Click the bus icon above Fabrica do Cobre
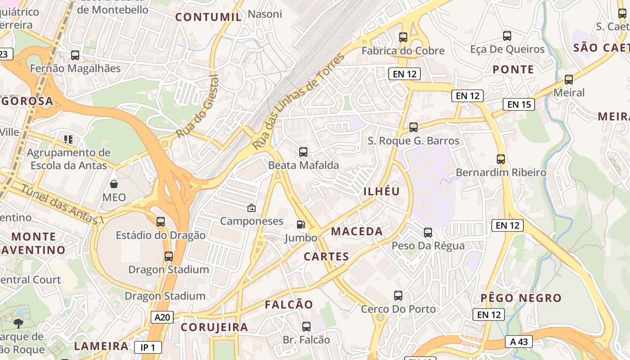click(x=403, y=37)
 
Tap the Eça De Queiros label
click(x=507, y=49)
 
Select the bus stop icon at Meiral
click(x=569, y=80)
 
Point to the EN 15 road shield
click(x=519, y=104)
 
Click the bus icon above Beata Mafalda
click(x=303, y=152)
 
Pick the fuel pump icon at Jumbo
click(x=300, y=224)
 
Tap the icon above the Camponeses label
click(x=252, y=208)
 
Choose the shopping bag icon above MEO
click(x=114, y=184)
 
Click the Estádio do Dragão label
click(x=161, y=235)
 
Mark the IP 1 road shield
click(x=148, y=347)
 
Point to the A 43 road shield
click(x=518, y=342)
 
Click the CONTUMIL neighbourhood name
click(x=208, y=17)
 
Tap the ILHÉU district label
click(x=382, y=191)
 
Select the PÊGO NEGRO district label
click(x=521, y=298)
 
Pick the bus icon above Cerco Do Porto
click(x=398, y=296)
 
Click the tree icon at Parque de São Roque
click(x=18, y=323)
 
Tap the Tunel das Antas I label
click(x=63, y=205)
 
